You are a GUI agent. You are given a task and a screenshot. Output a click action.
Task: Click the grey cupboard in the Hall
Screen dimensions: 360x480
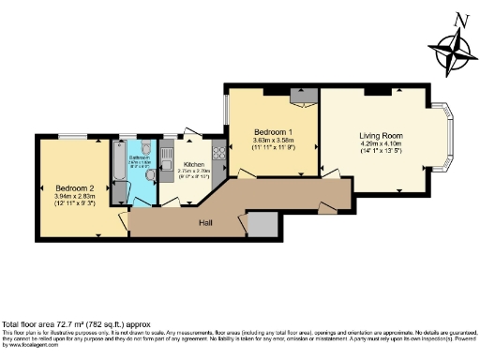[263, 225]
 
